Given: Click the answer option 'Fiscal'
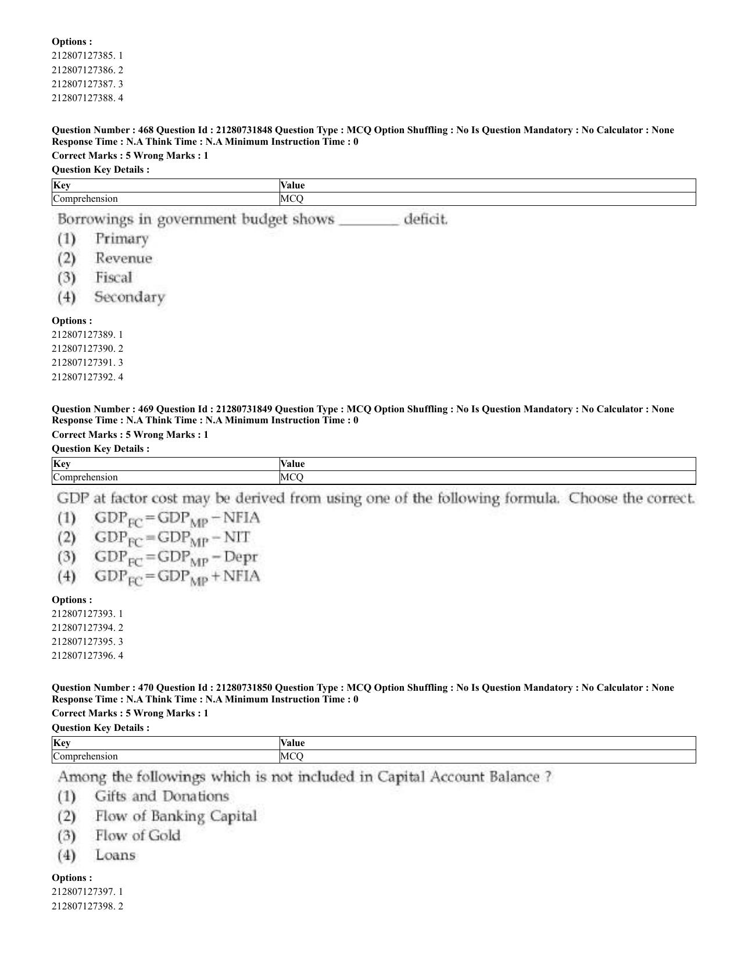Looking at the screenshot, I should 113,277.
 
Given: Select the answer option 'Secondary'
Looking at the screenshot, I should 129,297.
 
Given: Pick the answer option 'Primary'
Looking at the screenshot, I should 121,238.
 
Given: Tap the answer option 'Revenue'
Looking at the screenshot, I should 123,258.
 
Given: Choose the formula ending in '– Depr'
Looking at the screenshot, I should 176,557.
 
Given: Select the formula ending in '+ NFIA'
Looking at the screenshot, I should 177,577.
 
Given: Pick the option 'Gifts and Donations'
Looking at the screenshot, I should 162,797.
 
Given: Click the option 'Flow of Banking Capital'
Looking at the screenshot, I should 176,816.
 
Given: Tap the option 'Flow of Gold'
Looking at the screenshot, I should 138,836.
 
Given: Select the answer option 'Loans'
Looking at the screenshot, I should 115,855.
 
